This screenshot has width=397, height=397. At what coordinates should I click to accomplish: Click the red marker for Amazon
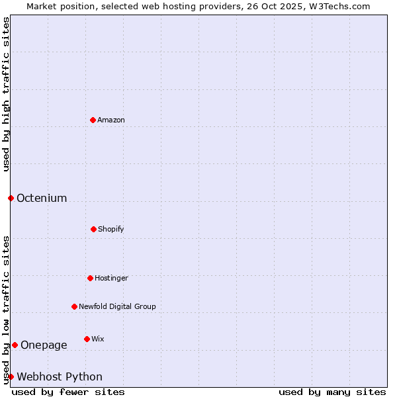pos(93,120)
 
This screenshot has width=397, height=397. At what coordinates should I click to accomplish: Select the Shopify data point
pos(93,229)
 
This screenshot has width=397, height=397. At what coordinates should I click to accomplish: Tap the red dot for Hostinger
pos(90,278)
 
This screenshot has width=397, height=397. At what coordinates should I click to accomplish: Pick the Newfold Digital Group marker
pos(74,306)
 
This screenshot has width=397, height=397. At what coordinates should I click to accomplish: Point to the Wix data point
pos(87,339)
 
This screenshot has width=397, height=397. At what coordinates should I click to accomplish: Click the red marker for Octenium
pos(11,198)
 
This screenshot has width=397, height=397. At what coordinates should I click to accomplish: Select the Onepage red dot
pos(15,345)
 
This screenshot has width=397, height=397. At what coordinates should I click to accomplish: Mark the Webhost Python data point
pos(11,376)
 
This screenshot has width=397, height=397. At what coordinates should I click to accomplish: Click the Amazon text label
pos(111,120)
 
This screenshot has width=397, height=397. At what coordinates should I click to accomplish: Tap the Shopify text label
pos(111,229)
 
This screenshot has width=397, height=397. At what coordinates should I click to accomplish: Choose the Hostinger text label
pos(111,278)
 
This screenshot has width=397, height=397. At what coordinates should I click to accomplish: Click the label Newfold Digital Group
pos(117,306)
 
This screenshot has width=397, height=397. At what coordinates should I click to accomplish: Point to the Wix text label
pos(98,339)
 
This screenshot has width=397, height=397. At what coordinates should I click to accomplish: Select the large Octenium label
pos(42,198)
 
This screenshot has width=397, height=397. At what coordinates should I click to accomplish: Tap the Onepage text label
pos(44,345)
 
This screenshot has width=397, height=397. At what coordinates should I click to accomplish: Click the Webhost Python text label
pos(60,376)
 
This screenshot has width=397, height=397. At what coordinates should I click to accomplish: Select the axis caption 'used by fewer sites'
pos(68,392)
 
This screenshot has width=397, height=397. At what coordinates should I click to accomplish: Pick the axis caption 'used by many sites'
pos(332,392)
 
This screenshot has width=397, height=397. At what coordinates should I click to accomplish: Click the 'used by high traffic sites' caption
pos(6,94)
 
